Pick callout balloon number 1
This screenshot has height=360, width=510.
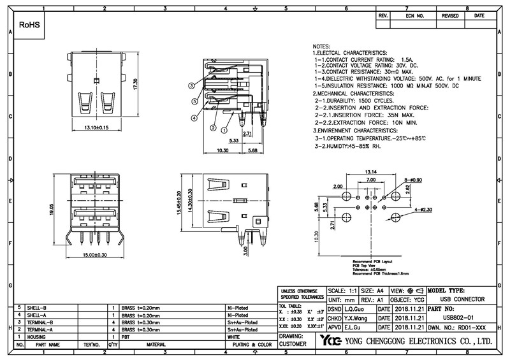point(224,127)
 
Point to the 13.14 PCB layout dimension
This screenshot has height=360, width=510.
point(370,171)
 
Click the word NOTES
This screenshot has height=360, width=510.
point(321,48)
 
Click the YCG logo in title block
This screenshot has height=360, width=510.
point(330,340)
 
